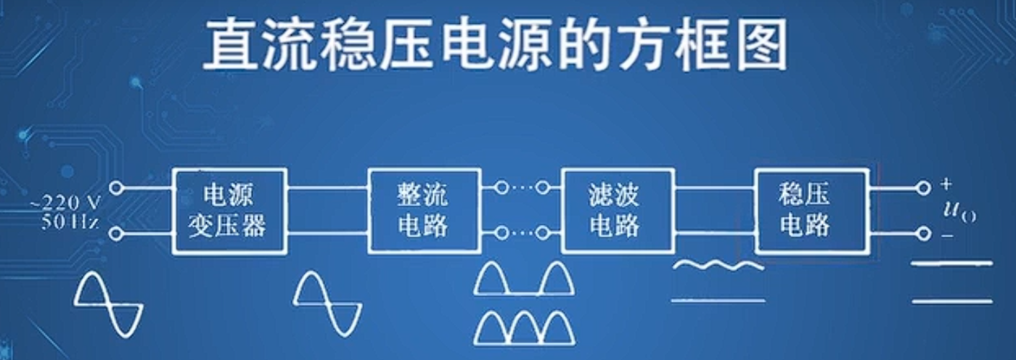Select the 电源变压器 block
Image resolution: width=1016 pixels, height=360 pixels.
229,210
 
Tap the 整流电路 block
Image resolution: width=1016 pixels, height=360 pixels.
423,210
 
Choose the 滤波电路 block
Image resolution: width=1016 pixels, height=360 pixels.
618,210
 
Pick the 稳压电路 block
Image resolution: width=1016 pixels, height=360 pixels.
811,210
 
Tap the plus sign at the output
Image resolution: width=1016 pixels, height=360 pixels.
946,183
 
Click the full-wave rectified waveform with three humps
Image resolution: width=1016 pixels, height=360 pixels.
524,328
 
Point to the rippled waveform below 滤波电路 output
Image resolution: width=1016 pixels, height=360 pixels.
718,266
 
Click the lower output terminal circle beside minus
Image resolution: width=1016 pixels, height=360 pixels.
923,234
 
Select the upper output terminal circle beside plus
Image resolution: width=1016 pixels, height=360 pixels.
923,187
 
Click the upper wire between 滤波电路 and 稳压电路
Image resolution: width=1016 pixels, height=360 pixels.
715,187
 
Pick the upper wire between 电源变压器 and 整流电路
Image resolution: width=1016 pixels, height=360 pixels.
327,187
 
